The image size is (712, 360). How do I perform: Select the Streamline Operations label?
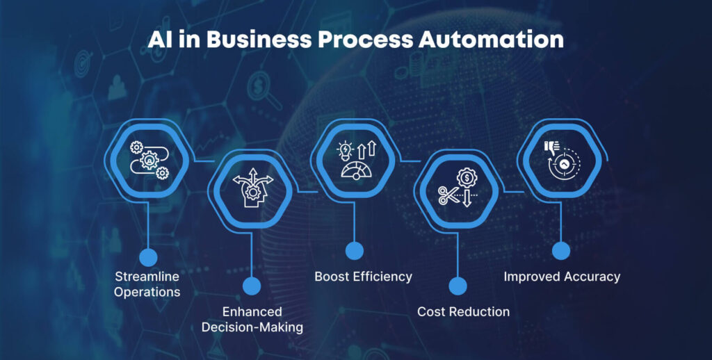pyautogui.click(x=147, y=284)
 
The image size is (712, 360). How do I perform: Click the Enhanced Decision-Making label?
pyautogui.click(x=252, y=319)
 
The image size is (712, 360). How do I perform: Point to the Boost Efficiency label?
pyautogui.click(x=363, y=277)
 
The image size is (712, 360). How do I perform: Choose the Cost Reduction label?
pyautogui.click(x=463, y=311)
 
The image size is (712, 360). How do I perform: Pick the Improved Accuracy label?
pyautogui.click(x=562, y=277)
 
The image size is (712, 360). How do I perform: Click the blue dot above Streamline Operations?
pyautogui.click(x=148, y=258)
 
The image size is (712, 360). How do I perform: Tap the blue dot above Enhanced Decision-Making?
pyautogui.click(x=252, y=286)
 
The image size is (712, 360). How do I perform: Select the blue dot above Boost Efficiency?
pyautogui.click(x=355, y=251)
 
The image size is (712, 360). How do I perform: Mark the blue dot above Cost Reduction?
pyautogui.click(x=458, y=286)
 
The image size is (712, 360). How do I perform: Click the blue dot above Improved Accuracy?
pyautogui.click(x=561, y=251)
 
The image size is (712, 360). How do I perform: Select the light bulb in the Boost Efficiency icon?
pyautogui.click(x=345, y=151)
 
